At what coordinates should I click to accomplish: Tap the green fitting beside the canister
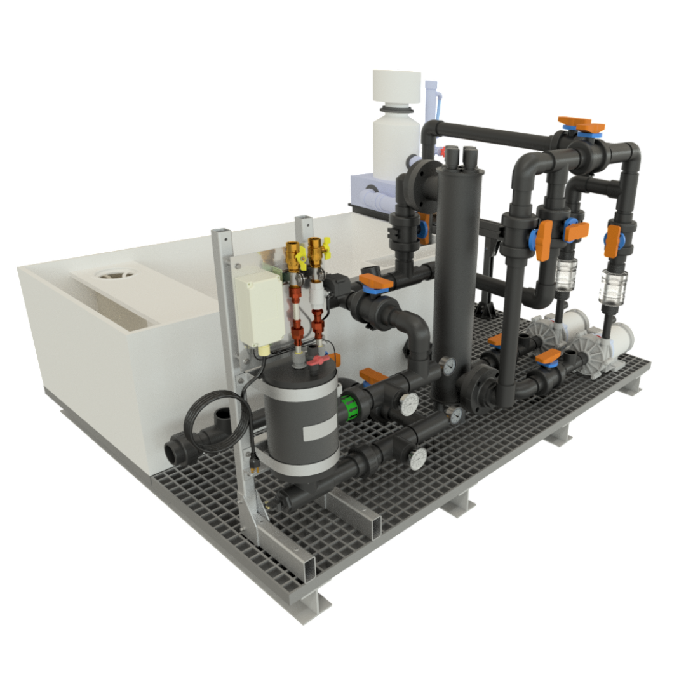(x=348, y=406)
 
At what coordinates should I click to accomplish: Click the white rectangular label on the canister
(x=319, y=434)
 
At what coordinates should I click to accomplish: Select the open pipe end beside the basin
(x=173, y=453)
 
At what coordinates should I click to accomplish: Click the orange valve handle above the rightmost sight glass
(x=614, y=241)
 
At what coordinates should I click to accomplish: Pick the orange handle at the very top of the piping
(x=574, y=121)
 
